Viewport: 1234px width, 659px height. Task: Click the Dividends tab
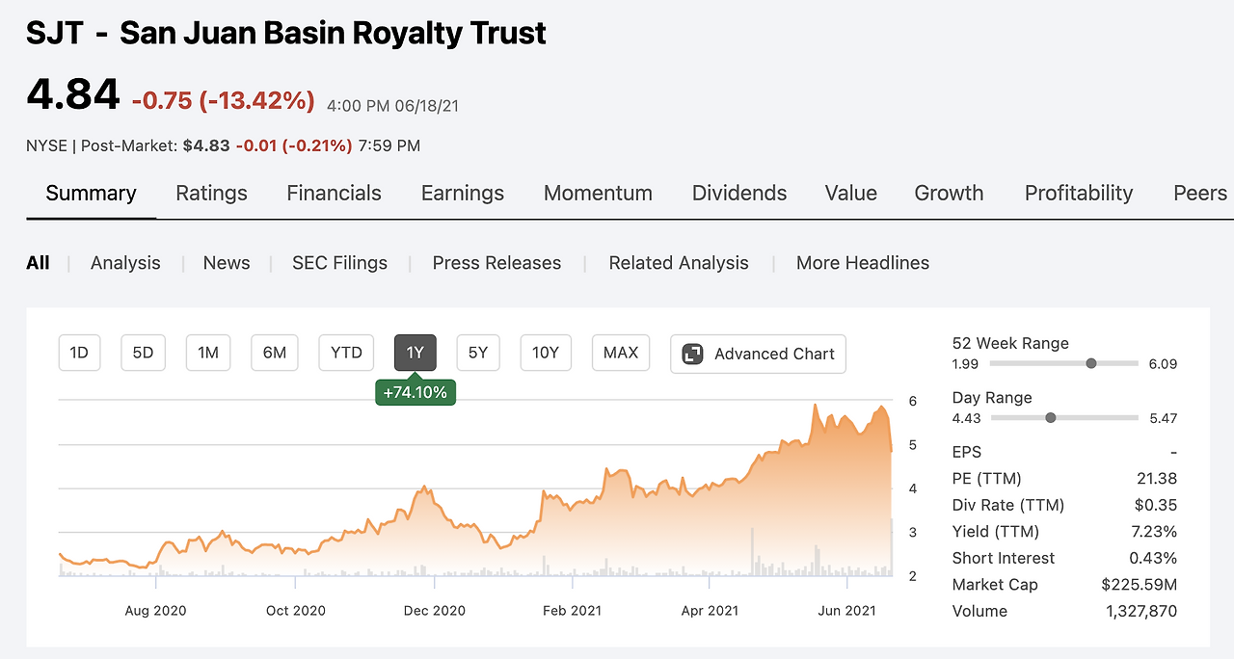(739, 193)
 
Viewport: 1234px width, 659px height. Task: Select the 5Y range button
(478, 353)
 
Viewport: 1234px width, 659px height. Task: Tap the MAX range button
(621, 353)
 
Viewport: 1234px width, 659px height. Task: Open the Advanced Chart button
(759, 354)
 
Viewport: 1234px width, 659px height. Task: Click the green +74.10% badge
(416, 392)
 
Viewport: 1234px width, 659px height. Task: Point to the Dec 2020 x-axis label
(435, 610)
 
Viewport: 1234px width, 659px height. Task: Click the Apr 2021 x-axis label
(710, 610)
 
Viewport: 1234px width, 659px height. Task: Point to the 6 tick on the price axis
(912, 401)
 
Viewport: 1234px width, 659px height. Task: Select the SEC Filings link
(339, 263)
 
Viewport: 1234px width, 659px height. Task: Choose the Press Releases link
(496, 263)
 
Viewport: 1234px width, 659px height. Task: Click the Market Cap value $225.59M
(1139, 585)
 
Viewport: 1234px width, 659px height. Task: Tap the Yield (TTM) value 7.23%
(1153, 532)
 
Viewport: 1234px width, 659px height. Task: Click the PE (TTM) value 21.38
(1157, 479)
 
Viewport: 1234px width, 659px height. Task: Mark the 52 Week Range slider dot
(1091, 363)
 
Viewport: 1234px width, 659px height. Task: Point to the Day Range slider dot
(1051, 417)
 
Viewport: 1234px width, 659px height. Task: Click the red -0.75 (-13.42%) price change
(223, 101)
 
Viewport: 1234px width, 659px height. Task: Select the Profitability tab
(1079, 193)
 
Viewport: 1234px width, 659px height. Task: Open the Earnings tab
(463, 193)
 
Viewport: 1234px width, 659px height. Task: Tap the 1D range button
(79, 353)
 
